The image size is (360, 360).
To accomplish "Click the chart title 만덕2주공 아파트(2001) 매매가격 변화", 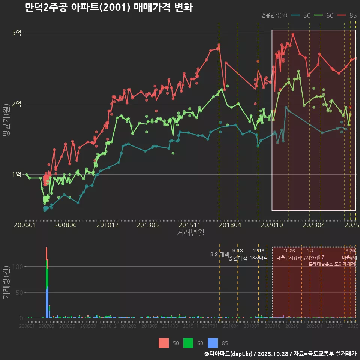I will [108, 7].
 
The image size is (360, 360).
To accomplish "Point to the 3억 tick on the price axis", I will [16, 33].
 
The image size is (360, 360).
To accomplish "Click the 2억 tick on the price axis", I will [16, 104].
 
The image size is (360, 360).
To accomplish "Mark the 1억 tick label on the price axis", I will [16, 175].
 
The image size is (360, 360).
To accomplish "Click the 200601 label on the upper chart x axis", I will [25, 225].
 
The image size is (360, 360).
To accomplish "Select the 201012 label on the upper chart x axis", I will [108, 225].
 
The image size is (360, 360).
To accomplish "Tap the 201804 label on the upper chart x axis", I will [230, 225].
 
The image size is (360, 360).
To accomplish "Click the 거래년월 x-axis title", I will [190, 233].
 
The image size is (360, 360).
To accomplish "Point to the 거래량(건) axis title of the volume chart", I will [6, 282].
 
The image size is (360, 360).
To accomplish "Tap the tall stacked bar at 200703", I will [46, 285].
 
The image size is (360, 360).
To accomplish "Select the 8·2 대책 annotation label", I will [220, 254].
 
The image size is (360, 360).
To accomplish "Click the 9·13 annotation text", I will [238, 251].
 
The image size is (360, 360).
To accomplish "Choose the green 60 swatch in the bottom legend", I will [188, 343].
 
